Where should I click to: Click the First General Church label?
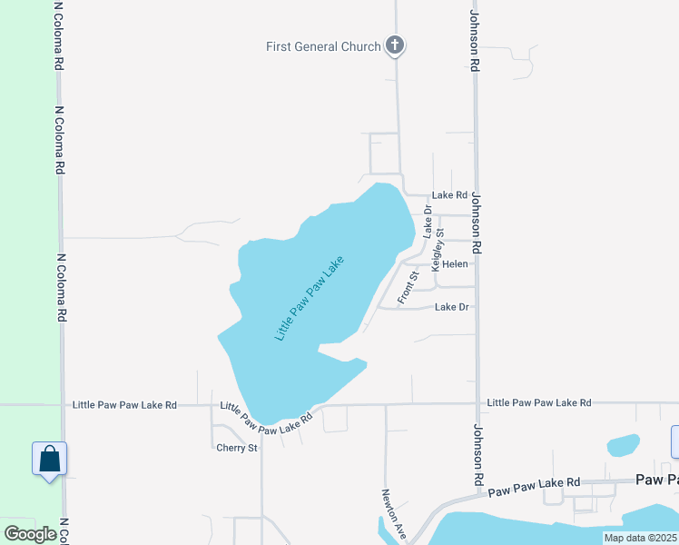(323, 46)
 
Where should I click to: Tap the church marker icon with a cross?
(394, 45)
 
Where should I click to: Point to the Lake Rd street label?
(449, 195)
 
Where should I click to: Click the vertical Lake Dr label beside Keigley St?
(428, 223)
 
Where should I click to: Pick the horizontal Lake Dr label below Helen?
(451, 307)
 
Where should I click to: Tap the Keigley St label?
(438, 250)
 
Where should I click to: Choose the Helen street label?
(455, 264)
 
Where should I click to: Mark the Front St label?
(408, 287)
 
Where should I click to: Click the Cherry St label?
(237, 447)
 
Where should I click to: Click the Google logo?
(31, 533)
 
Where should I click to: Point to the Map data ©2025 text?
(640, 538)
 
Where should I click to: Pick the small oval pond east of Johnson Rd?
(623, 445)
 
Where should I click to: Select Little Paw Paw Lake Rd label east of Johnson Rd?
(538, 402)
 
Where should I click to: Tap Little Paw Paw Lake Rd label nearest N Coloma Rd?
(124, 404)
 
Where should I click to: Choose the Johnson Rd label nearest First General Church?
(473, 41)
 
